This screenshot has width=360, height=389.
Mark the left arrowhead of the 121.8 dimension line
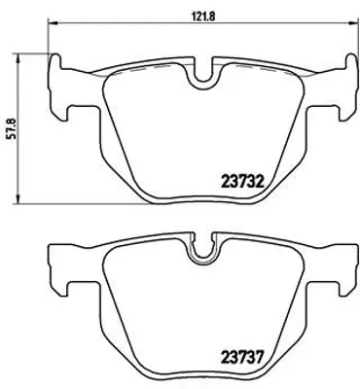pyautogui.click(x=52, y=27)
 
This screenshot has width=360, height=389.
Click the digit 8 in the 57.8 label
pyautogui.click(x=11, y=113)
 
